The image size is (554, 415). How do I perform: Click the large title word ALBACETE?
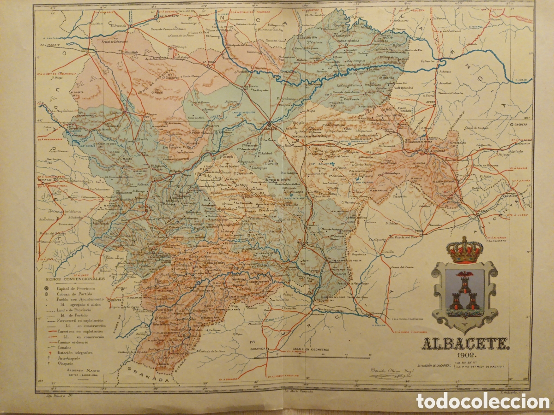point(465,343)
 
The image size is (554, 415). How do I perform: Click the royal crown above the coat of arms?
point(464,250)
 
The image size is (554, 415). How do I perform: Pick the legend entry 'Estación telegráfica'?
point(75,352)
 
